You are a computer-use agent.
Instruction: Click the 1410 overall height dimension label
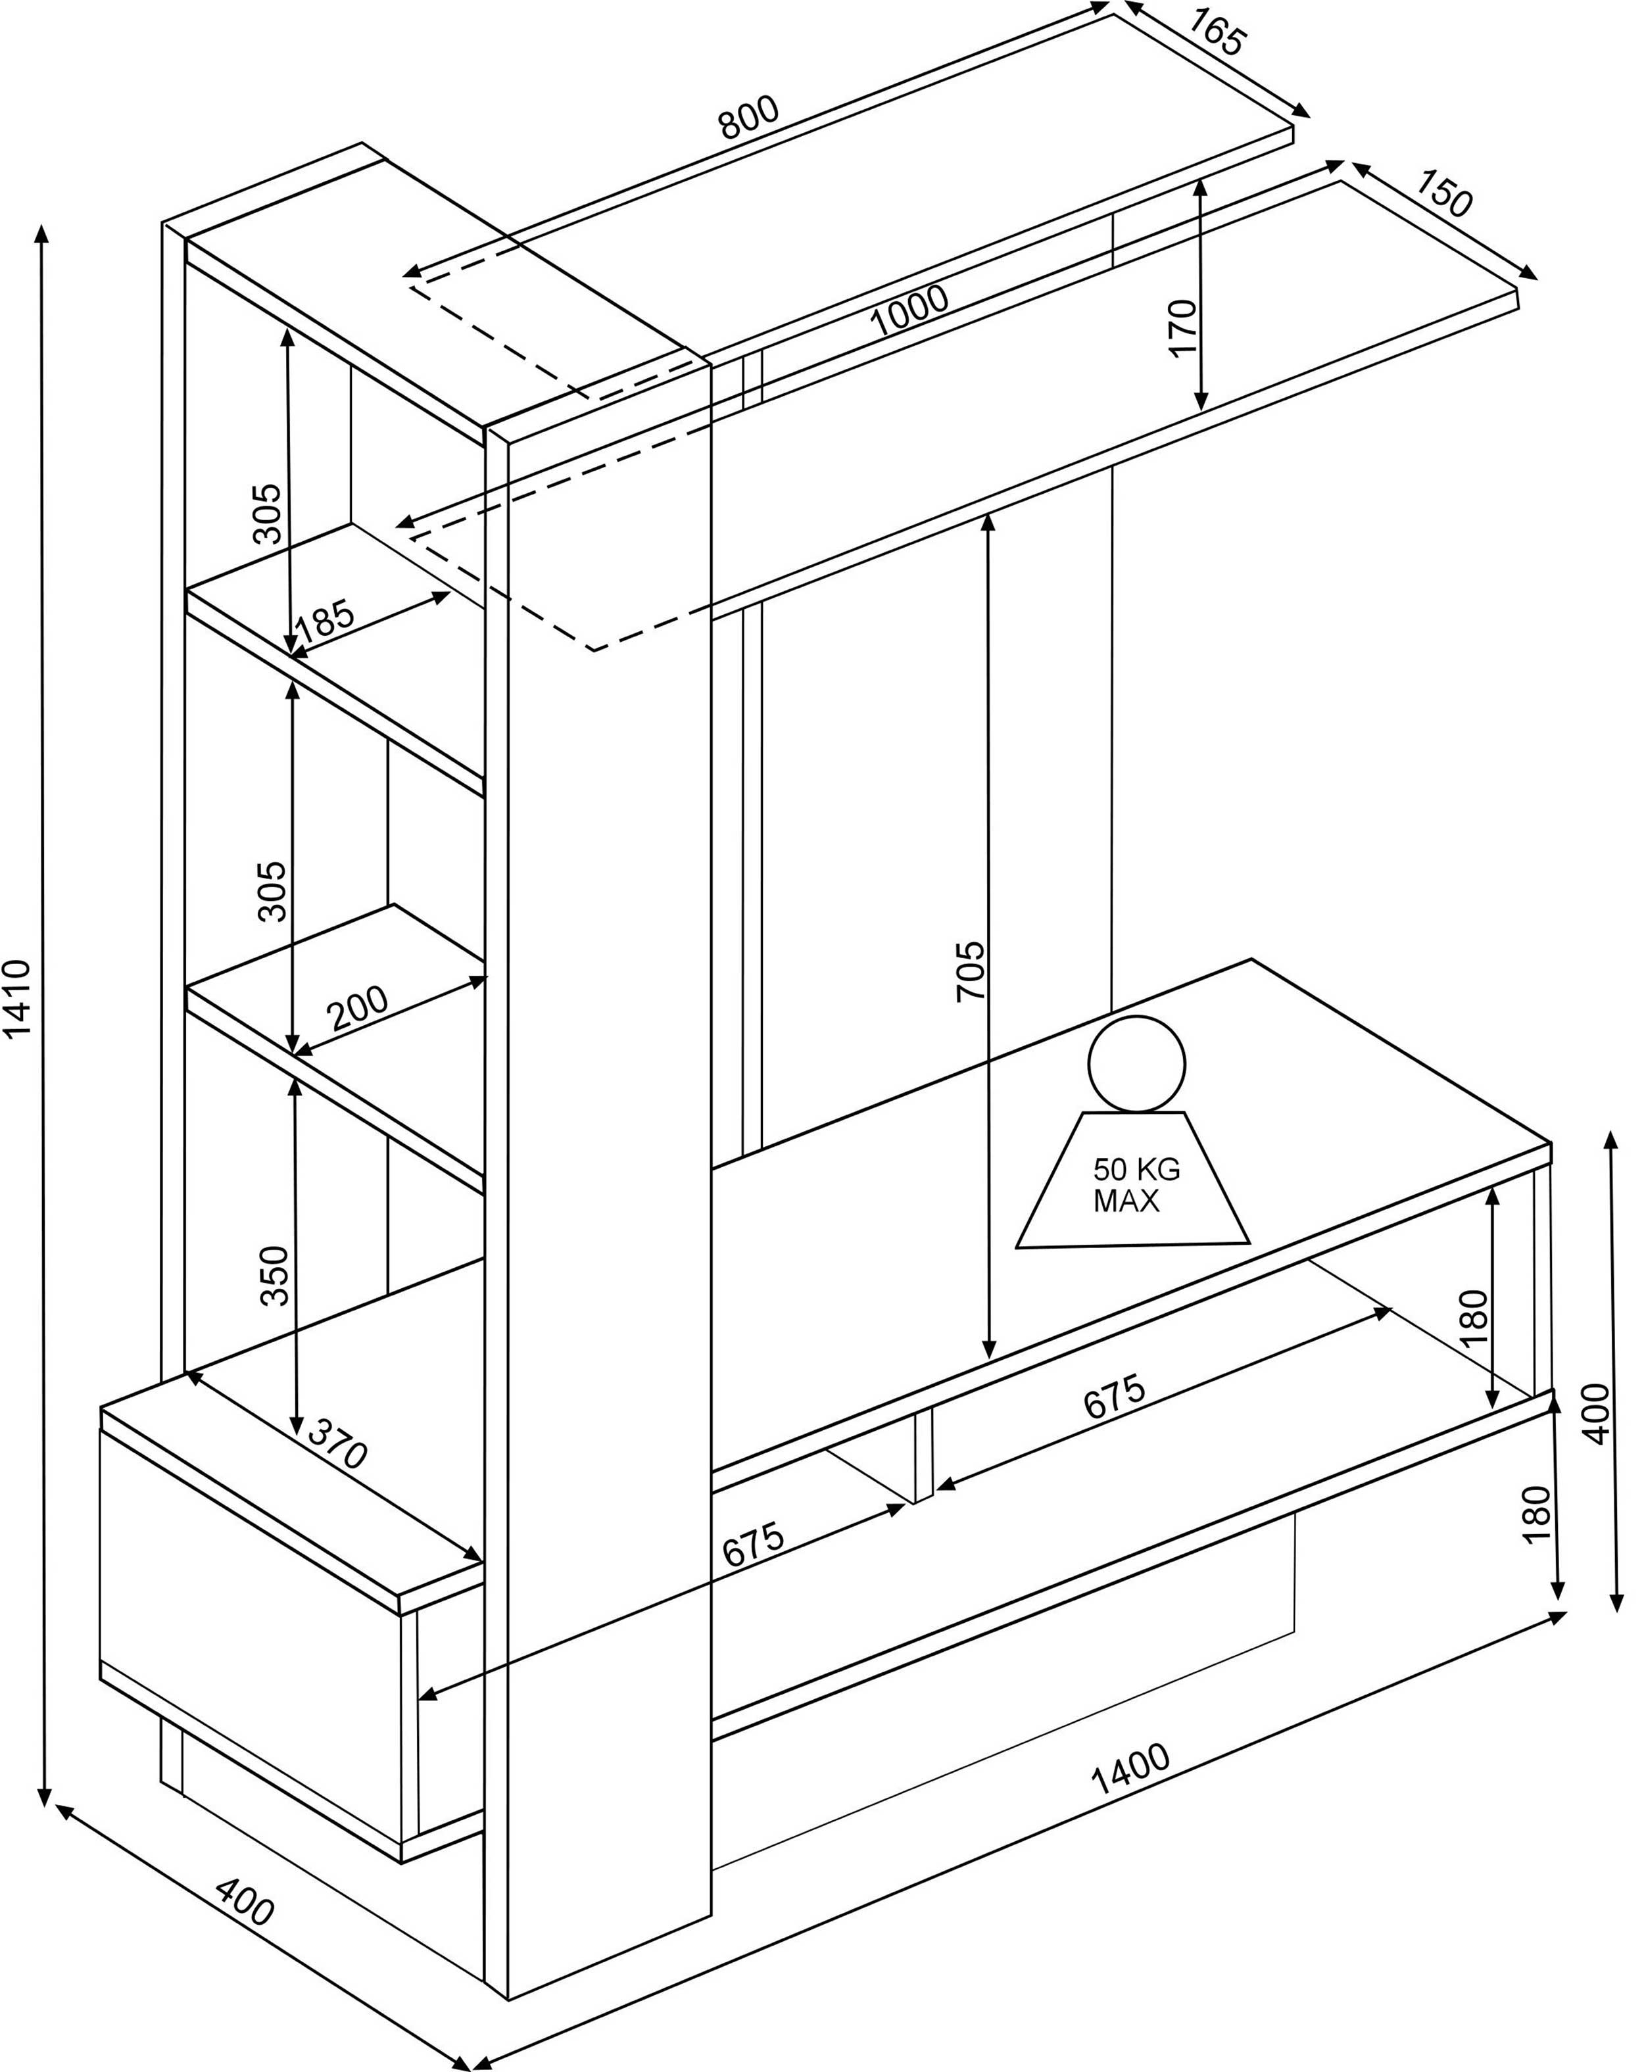coord(19,999)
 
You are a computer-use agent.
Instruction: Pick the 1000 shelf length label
coord(909,312)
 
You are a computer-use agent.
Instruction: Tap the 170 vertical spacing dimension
coord(1183,327)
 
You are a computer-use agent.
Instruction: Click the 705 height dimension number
coord(971,971)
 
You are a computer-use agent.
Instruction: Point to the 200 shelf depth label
coord(358,1008)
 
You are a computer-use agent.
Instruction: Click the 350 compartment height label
coord(275,1275)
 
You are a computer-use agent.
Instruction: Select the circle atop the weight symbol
coord(1137,1064)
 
